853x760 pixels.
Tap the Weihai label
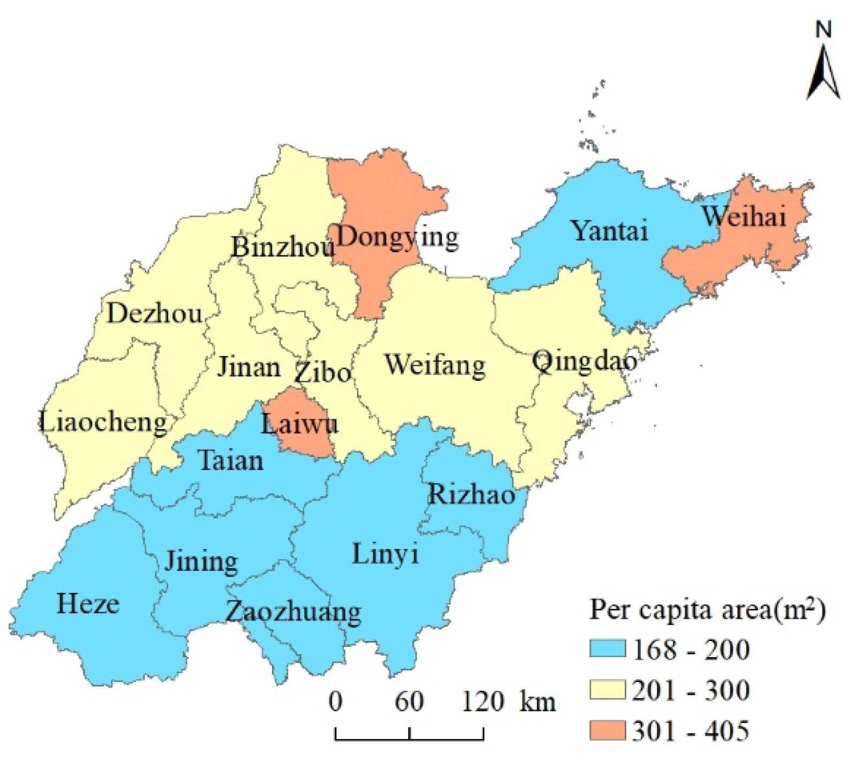coord(744,216)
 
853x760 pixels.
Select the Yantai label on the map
coord(610,231)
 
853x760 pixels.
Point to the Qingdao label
coord(585,362)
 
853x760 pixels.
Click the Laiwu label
coord(300,424)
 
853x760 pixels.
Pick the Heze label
coord(87,604)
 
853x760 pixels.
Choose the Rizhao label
coord(472,494)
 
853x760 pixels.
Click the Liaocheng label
coord(103,422)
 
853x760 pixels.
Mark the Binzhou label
coord(283,247)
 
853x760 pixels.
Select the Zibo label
coord(324,372)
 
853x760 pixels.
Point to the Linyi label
coord(385,554)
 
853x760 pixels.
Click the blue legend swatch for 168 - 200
coord(608,649)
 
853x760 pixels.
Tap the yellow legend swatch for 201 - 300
coord(608,690)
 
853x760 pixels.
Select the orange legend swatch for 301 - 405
coord(608,731)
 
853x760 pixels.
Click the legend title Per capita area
coord(707,609)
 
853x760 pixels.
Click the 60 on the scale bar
coord(409,701)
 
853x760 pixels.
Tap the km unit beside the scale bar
coord(537,701)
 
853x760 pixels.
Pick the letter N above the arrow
coord(824,29)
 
